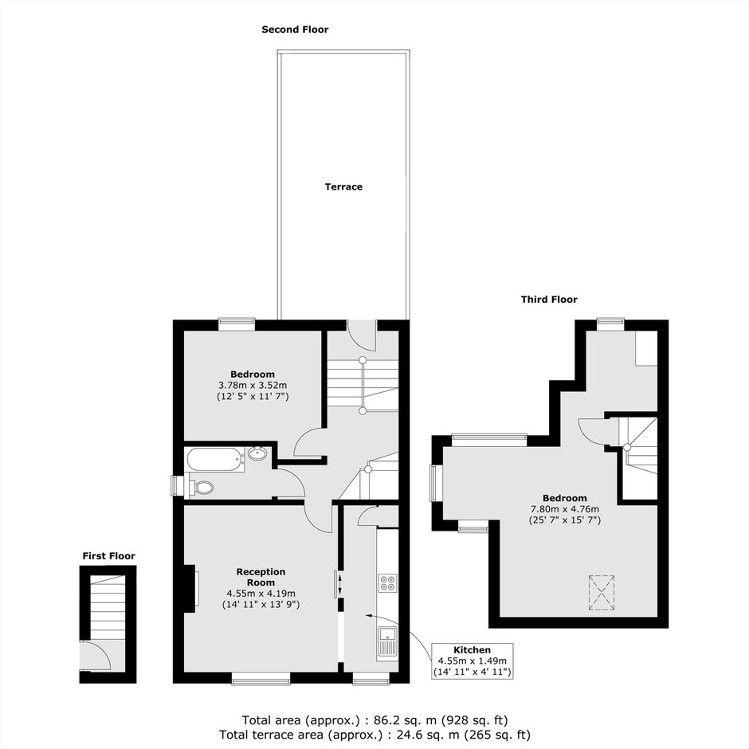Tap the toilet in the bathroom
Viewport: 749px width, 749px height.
point(201,488)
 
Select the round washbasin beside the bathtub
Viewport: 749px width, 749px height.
point(257,453)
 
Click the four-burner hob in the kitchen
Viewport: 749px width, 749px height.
point(387,582)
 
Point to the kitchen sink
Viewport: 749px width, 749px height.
point(387,643)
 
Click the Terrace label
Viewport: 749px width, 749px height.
point(343,186)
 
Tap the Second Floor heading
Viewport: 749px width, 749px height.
point(295,29)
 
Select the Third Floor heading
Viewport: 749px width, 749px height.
point(549,300)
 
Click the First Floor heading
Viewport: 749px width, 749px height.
point(109,556)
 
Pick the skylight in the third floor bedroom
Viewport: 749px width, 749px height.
point(601,593)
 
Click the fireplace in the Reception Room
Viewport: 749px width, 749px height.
point(190,589)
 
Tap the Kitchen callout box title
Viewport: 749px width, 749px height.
point(472,649)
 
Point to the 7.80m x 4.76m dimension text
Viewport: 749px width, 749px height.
point(565,509)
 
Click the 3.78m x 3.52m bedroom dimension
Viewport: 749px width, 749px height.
point(253,385)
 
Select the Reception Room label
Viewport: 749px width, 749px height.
point(261,577)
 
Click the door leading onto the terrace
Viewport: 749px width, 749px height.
point(362,335)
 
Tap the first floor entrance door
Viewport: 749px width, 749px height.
point(95,656)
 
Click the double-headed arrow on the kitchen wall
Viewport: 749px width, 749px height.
point(339,584)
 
